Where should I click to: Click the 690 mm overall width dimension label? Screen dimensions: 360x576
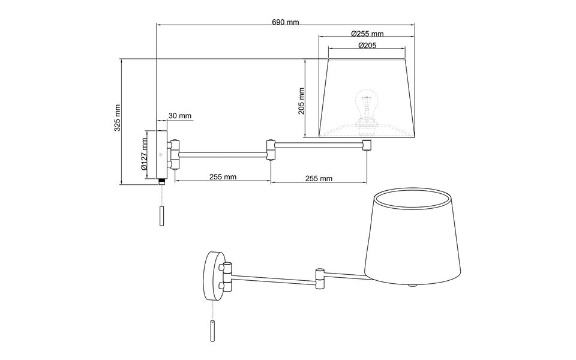tap(285, 22)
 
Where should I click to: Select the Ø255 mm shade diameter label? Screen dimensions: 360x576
tap(367, 34)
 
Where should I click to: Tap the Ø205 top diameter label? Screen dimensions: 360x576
tap(367, 46)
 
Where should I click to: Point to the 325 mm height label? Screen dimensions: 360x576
tap(118, 118)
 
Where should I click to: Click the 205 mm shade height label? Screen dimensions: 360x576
tap(301, 101)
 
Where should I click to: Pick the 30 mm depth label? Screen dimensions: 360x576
tap(179, 116)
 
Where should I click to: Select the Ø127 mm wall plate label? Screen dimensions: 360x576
tap(145, 155)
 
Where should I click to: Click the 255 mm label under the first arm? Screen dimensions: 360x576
tap(223, 178)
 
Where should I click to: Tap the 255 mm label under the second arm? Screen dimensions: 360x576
tap(319, 178)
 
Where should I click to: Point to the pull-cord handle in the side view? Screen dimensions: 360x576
tap(161, 216)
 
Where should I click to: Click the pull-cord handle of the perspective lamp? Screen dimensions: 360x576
tap(213, 331)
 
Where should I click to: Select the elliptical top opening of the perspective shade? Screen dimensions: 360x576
tap(412, 198)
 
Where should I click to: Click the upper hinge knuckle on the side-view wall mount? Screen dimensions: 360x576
tap(175, 145)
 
